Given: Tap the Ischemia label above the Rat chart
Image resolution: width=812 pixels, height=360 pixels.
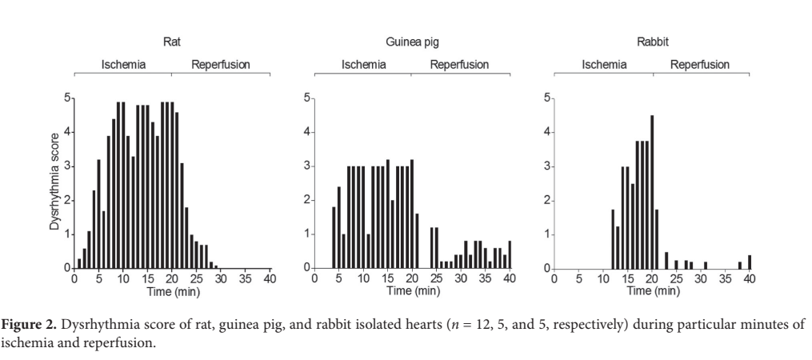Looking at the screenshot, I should point(123,65).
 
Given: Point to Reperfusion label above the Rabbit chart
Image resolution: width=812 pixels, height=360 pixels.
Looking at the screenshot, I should point(700,65).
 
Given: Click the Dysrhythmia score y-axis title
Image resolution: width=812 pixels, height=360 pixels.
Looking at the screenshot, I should point(54,184).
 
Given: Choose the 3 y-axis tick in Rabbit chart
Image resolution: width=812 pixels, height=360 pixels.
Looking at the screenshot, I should point(546,166).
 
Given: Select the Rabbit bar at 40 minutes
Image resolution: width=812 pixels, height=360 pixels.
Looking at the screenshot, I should point(750,262).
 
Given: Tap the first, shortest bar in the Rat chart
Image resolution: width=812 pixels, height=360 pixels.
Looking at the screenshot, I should point(79,263).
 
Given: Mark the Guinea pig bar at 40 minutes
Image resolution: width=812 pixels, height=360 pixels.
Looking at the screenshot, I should point(510,254).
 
